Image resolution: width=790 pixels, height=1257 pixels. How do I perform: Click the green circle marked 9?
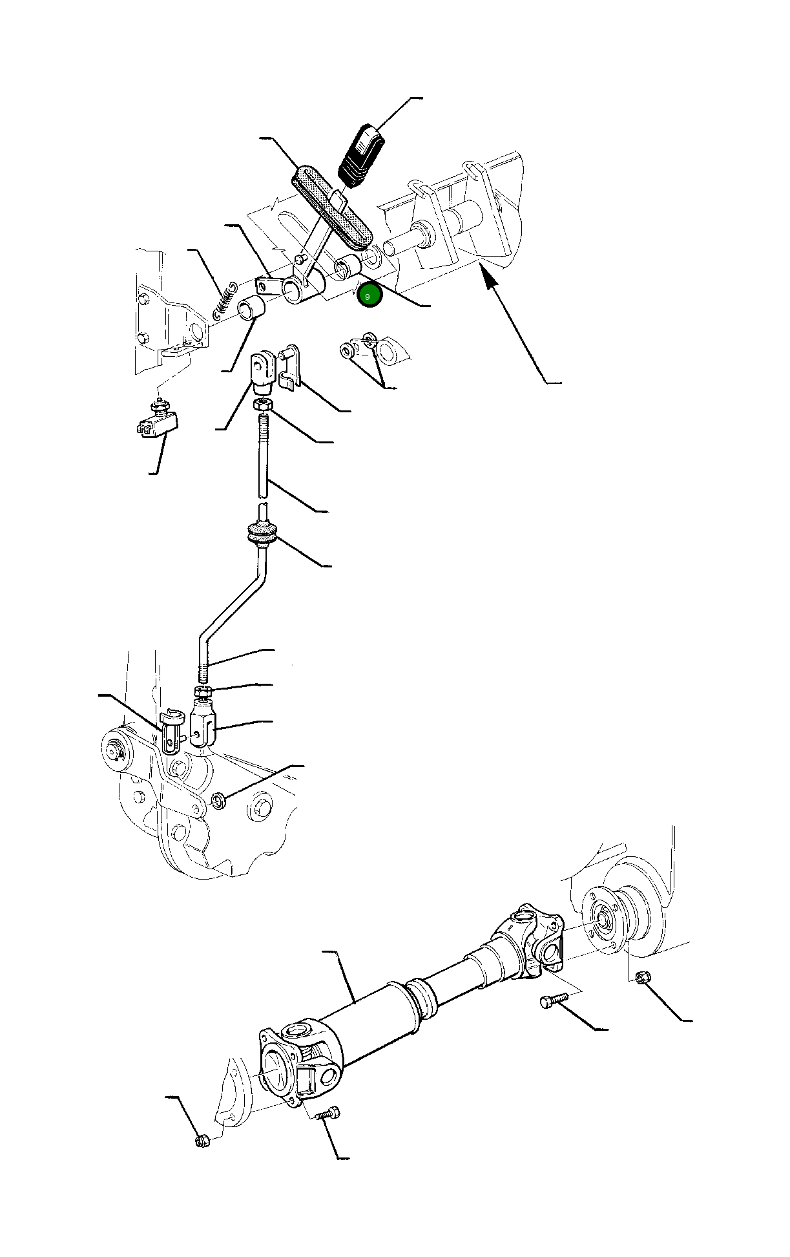[369, 296]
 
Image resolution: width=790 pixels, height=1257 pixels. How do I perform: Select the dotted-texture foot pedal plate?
[333, 208]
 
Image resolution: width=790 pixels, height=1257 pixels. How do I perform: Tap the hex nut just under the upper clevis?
[262, 404]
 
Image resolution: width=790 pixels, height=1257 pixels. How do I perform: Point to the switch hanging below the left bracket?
[158, 421]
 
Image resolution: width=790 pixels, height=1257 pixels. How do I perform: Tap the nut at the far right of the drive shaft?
[642, 977]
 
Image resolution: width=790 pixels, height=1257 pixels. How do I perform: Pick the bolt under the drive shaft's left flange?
[328, 1112]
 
